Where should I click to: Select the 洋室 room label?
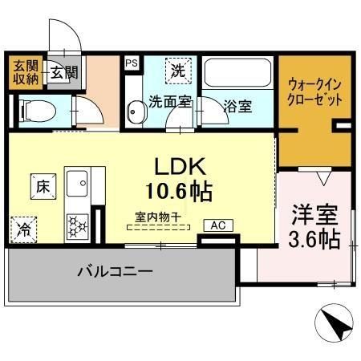(x=314, y=215)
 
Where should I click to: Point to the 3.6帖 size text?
(x=314, y=238)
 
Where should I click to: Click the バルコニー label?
(x=115, y=273)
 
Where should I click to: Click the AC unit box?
(x=217, y=225)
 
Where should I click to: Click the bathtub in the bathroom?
(x=237, y=75)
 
